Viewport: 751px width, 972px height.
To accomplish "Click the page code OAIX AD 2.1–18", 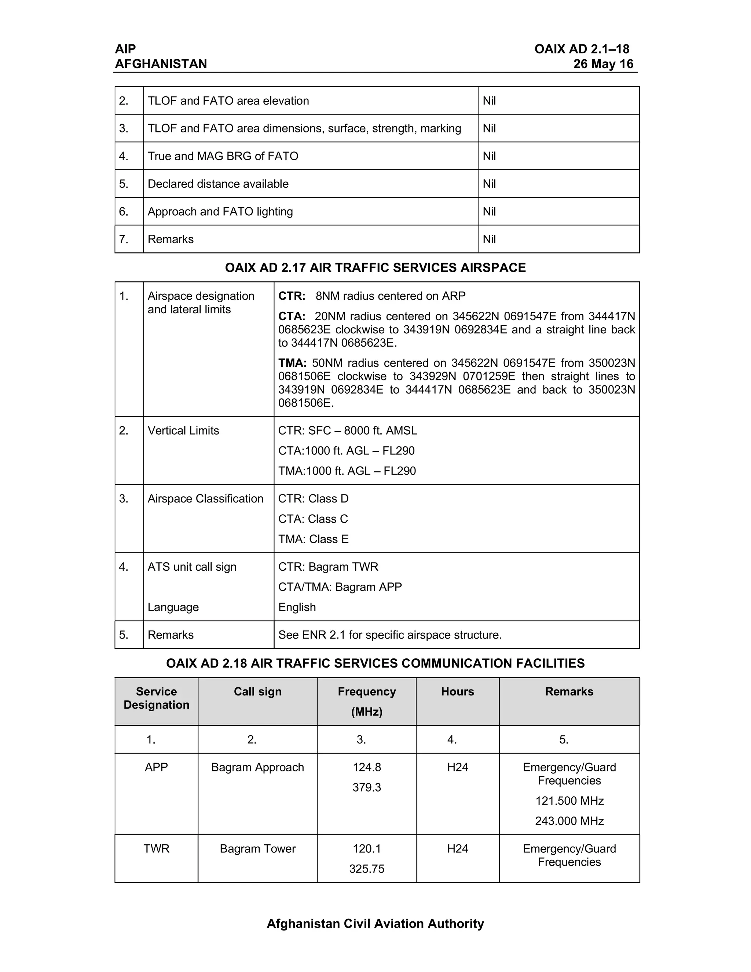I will point(582,49).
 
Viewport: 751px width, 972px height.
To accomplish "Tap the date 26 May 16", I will point(603,64).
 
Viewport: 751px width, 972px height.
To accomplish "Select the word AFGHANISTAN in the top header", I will point(161,64).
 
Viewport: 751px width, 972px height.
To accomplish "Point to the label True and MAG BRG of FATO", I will point(223,156).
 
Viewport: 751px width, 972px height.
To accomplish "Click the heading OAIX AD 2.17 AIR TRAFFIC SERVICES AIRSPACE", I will point(375,267).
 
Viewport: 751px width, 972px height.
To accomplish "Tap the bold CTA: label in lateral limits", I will point(292,317).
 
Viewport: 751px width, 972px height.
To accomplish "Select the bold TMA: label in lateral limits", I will point(292,363).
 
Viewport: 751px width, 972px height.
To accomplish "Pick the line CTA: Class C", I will point(313,519).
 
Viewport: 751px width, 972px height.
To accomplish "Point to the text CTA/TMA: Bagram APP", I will point(340,587).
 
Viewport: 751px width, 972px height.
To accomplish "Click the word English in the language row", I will point(297,607).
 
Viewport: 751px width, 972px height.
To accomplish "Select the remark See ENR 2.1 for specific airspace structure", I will point(390,635).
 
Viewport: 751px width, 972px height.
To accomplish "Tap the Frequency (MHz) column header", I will point(367,701).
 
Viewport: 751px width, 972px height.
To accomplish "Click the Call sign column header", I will point(257,692).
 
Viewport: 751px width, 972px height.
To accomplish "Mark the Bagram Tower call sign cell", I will point(257,849).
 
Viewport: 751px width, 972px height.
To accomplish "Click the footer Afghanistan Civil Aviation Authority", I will point(375,924).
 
